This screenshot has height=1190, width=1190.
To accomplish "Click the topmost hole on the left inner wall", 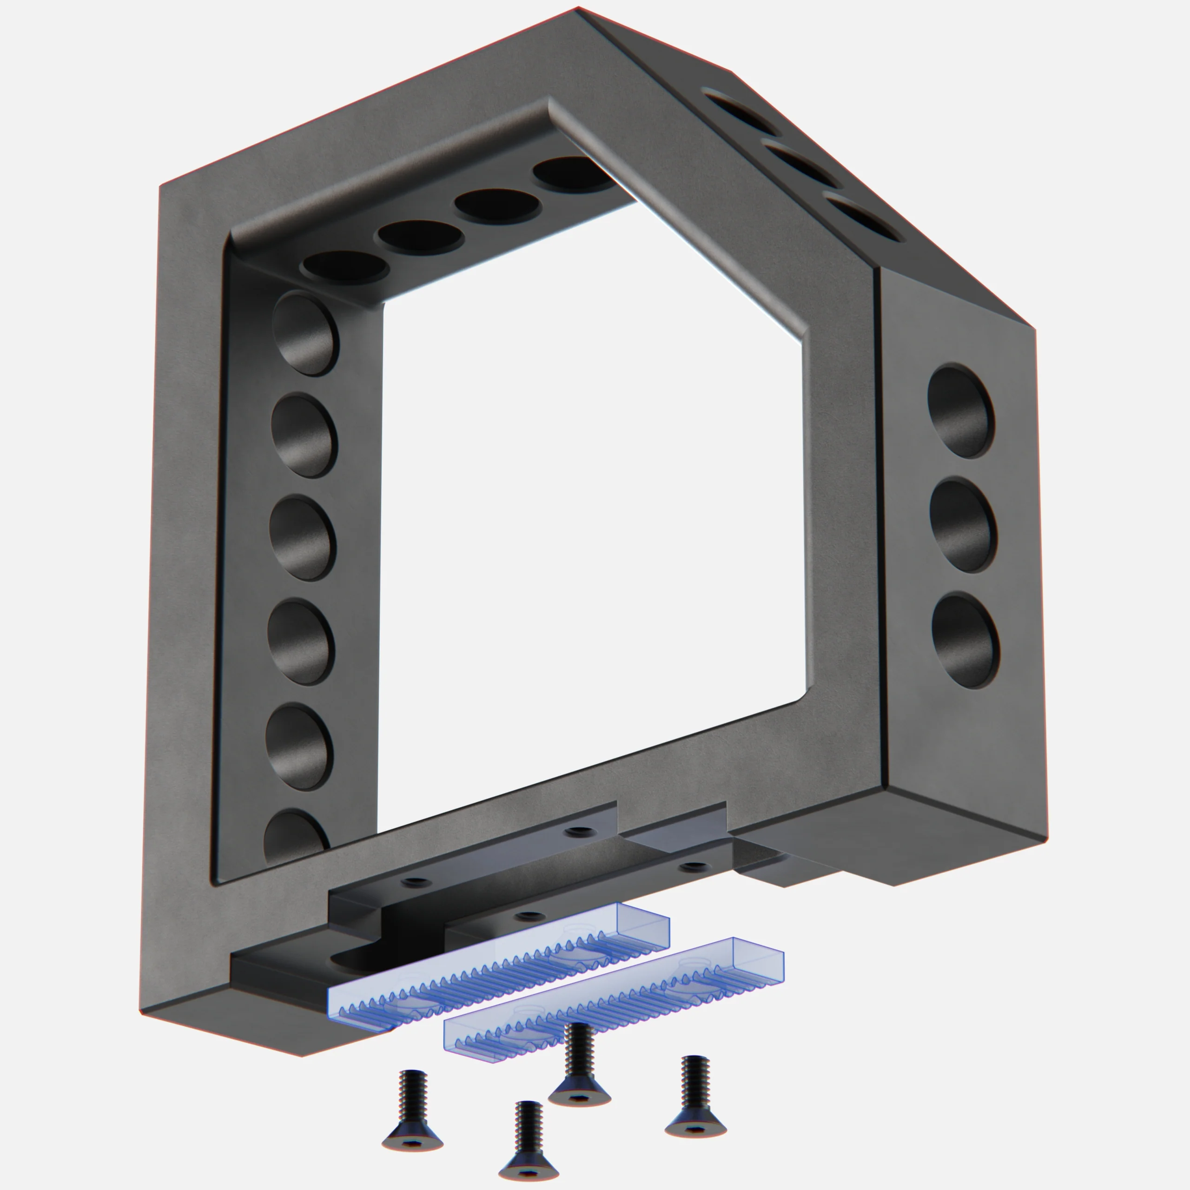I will coord(305,333).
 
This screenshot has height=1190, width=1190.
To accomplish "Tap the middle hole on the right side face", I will coord(963,525).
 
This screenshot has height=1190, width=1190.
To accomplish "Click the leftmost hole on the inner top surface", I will coord(345,266).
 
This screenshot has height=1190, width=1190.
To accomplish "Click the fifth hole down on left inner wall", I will coord(299,747).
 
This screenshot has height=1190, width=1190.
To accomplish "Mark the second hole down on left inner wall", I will coord(304,435).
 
